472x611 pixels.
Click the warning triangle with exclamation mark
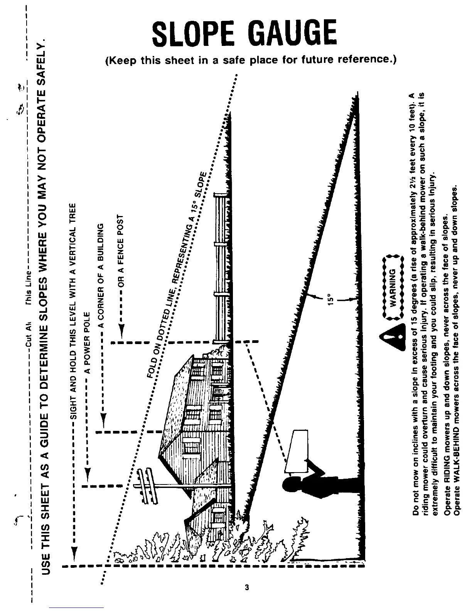pos(393,338)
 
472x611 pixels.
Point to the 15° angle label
pos(330,300)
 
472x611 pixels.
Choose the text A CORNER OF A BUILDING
pos(102,275)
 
